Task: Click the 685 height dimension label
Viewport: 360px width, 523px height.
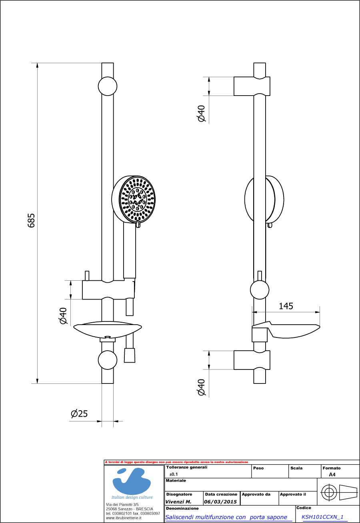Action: click(31, 220)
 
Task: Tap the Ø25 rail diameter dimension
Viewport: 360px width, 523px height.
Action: click(79, 414)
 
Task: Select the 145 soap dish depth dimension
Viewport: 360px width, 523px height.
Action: click(286, 306)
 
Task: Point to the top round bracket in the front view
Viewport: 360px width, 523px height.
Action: click(108, 86)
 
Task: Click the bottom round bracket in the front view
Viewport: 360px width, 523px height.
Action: click(108, 359)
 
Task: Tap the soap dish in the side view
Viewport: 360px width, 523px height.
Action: click(294, 331)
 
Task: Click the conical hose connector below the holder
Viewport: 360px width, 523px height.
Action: click(130, 355)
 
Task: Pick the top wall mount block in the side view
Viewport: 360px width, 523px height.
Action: click(252, 86)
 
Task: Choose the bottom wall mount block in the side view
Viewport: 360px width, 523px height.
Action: click(252, 360)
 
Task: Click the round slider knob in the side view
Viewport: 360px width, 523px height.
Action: click(260, 290)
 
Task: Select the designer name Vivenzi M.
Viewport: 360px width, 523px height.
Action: click(178, 501)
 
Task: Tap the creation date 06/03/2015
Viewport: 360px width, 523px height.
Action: click(220, 501)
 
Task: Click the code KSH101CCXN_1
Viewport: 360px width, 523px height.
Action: click(322, 517)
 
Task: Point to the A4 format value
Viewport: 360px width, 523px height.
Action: click(332, 475)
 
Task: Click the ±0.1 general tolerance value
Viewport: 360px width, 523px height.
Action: click(174, 474)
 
